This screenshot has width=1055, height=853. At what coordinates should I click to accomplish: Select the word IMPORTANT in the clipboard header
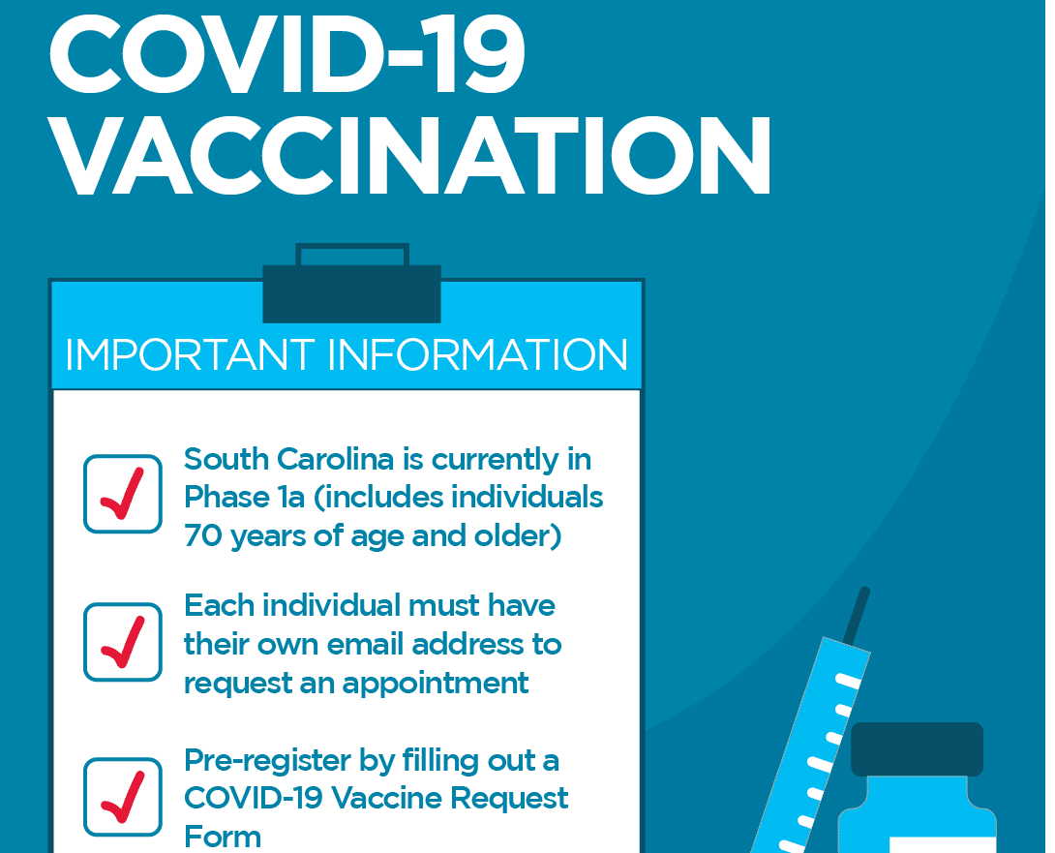(189, 355)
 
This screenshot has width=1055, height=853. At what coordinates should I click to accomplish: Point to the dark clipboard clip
(351, 291)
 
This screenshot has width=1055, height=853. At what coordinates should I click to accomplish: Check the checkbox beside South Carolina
(123, 494)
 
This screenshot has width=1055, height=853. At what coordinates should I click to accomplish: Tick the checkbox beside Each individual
(123, 642)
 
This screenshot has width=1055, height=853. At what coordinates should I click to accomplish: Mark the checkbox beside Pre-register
(123, 796)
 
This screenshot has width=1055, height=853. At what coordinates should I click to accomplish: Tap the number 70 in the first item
(201, 535)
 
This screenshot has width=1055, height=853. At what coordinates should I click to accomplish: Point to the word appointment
(437, 684)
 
